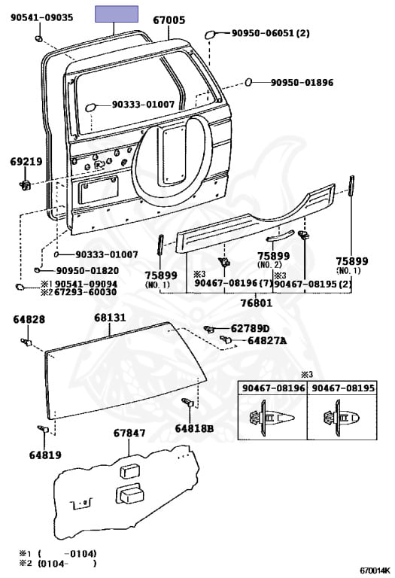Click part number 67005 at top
(x=169, y=20)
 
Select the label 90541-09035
(x=41, y=16)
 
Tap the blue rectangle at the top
(x=117, y=14)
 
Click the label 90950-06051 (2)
(x=270, y=33)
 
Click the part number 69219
(x=26, y=161)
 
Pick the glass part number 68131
(x=110, y=318)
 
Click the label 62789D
(x=250, y=328)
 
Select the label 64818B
(x=195, y=428)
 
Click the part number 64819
(x=46, y=455)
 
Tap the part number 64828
(x=29, y=319)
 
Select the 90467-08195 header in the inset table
(x=341, y=388)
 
